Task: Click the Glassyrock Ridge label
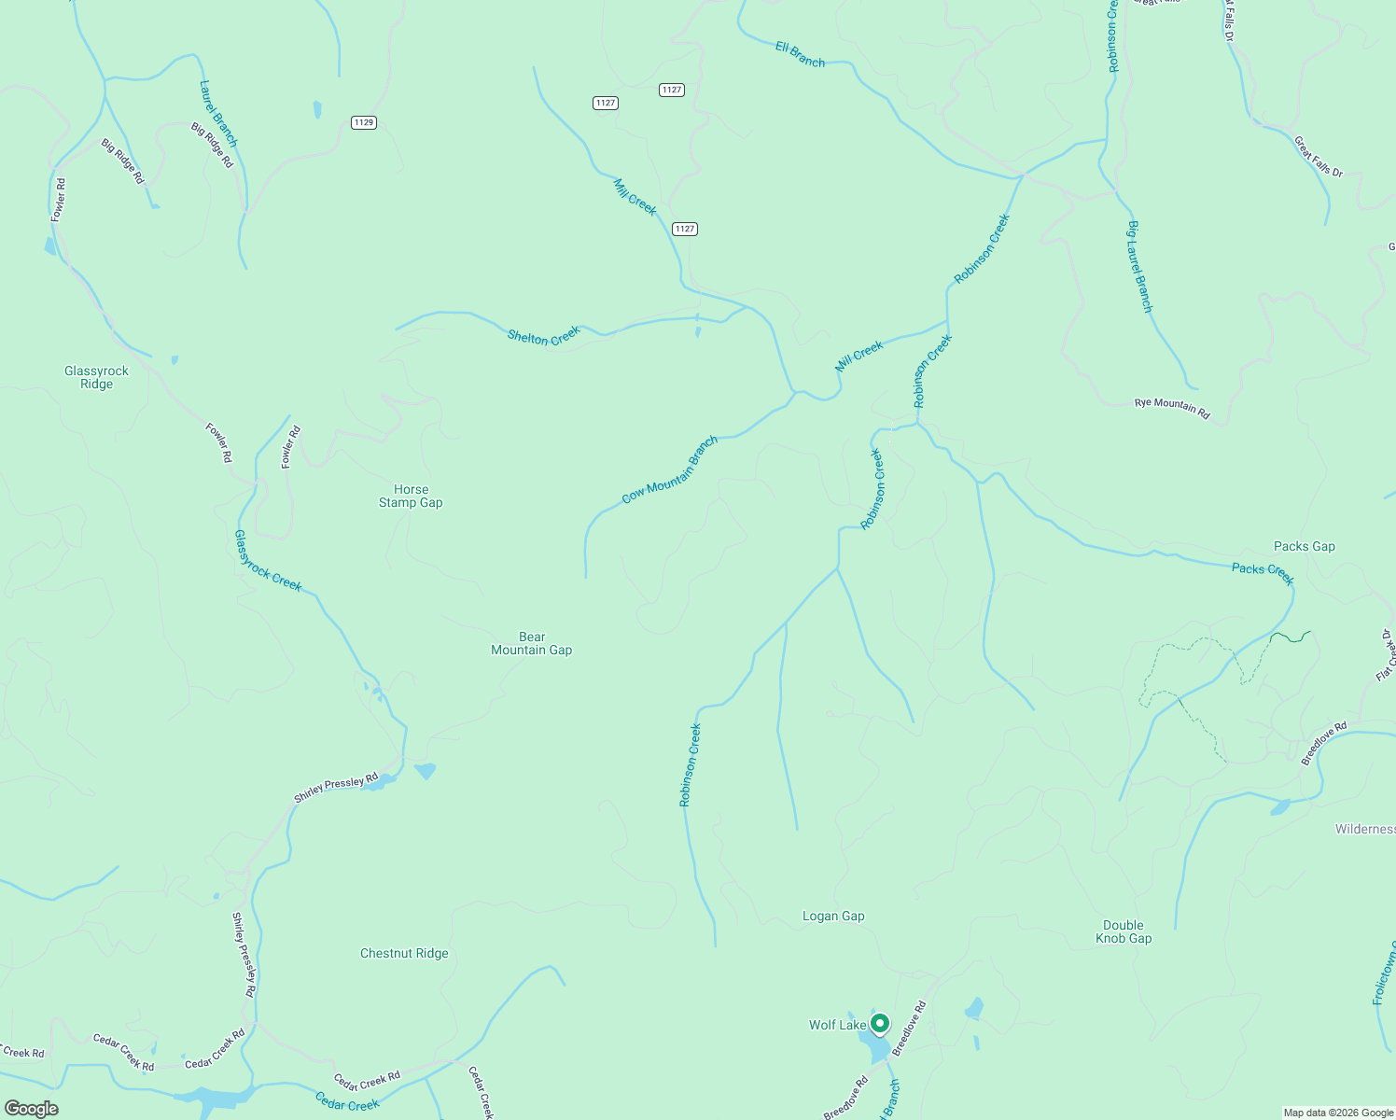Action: tap(96, 377)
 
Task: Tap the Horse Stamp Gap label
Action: tap(411, 496)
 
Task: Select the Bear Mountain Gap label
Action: tap(531, 643)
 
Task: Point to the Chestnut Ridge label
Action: tap(404, 953)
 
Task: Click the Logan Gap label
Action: tap(833, 916)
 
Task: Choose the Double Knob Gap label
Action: tap(1124, 931)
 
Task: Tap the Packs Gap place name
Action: tap(1304, 546)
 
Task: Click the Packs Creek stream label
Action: tap(1263, 573)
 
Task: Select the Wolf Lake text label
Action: tap(837, 1025)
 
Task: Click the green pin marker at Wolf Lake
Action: tap(880, 1024)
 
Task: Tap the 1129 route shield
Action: tap(364, 122)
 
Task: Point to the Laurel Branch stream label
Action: tap(218, 113)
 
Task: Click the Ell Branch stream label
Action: tap(800, 54)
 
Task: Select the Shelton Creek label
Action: tap(543, 336)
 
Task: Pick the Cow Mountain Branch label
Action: tap(669, 469)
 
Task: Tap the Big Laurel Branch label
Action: tap(1139, 267)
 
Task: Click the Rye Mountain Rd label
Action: tap(1171, 408)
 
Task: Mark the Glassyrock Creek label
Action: tap(268, 560)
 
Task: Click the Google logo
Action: tap(31, 1108)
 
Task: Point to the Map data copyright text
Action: tap(1337, 1113)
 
